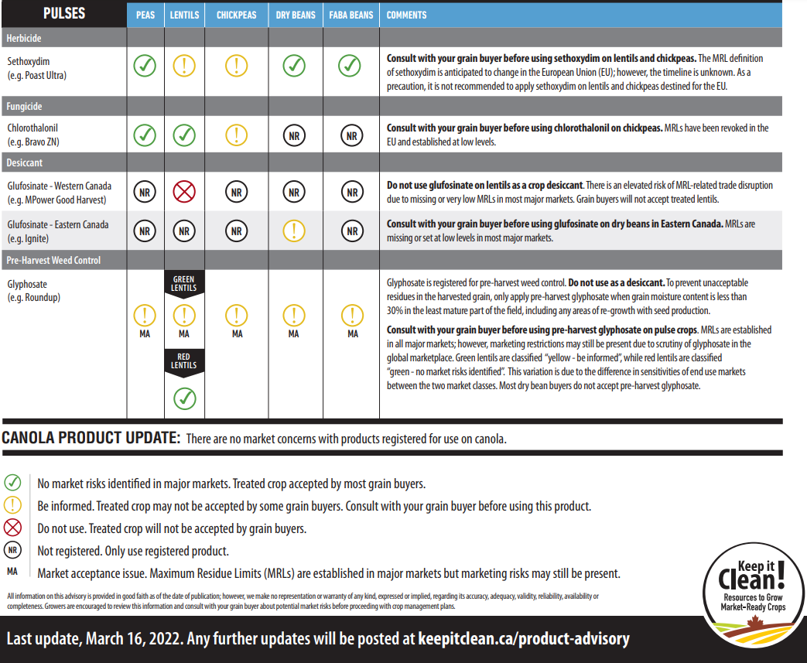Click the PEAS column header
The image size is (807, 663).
coord(145,15)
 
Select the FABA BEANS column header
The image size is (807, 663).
coord(351,15)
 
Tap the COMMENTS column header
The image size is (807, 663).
coord(408,15)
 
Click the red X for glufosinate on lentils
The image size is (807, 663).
coord(184,191)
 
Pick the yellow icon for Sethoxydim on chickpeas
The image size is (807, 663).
coord(237,67)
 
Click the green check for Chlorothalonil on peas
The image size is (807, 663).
coord(145,135)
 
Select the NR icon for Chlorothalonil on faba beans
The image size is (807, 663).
coord(351,135)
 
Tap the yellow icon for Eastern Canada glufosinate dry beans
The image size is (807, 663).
coord(294,231)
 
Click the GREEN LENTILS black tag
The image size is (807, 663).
coord(184,283)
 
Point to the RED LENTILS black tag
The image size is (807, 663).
coord(184,361)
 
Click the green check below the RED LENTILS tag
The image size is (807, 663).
coord(184,398)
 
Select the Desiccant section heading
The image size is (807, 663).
coord(26,163)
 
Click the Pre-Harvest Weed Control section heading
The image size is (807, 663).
coord(54,261)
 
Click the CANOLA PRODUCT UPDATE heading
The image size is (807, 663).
coord(91,438)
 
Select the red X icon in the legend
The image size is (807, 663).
coord(12,529)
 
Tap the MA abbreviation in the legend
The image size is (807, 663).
coord(12,572)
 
